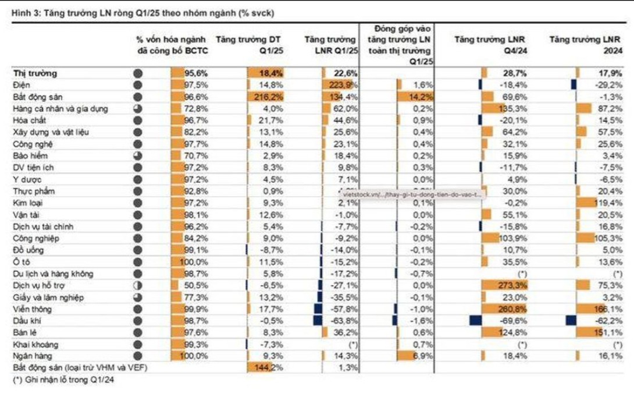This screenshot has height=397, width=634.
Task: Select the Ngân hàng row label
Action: (x=30, y=355)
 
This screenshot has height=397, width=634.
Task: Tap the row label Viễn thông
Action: (x=30, y=309)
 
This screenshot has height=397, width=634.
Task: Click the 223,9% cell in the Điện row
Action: (x=343, y=85)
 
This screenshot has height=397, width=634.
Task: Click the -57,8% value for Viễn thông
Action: (x=343, y=309)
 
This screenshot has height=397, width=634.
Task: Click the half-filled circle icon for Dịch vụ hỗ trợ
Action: (x=137, y=285)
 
